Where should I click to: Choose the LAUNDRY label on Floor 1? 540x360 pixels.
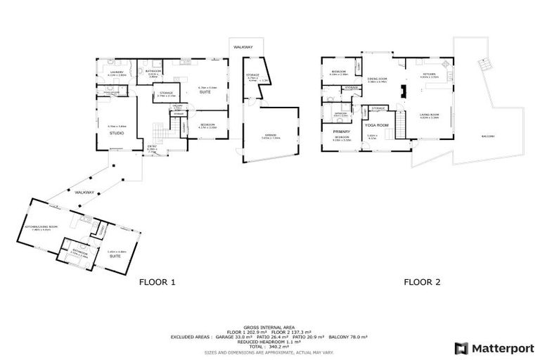pos(117,72)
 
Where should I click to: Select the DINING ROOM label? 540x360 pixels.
pos(378,78)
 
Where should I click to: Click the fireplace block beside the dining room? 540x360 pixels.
pos(404,92)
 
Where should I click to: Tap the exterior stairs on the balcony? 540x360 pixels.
pos(482,65)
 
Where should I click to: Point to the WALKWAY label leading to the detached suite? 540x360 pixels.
pos(84,191)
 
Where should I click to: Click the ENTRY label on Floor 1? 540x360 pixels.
pos(152,148)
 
